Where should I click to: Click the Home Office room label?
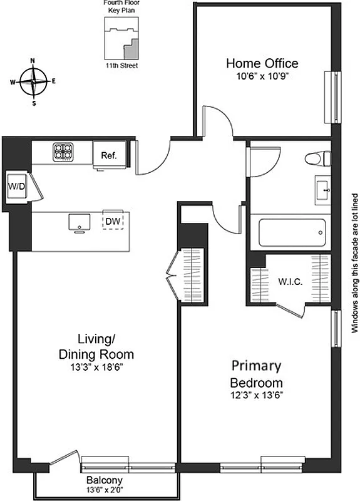point(262,63)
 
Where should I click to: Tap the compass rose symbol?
point(33,81)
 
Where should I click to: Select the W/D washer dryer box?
point(16,186)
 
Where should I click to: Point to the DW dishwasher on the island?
point(113,221)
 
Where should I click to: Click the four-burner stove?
point(63,151)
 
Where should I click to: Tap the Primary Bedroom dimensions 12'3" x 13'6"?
point(257,395)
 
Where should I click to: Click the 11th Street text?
point(121,65)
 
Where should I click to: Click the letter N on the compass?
point(33,61)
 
